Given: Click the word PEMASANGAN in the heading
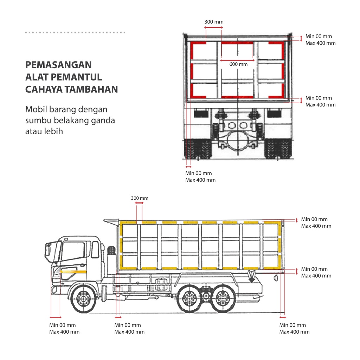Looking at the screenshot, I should coord(58,65).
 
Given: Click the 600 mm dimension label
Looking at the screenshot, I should coord(238,64).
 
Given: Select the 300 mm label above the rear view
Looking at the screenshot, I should coord(214,22).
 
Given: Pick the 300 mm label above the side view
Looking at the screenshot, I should coord(140,198).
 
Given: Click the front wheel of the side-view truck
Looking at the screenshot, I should coord(83,300).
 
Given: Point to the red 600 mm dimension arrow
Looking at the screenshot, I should coord(237,60).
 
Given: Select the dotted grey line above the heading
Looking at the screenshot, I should coord(75,32).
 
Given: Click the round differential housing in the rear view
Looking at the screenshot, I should coord(238,141).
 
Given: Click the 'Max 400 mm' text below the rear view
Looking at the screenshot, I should coord(200,180).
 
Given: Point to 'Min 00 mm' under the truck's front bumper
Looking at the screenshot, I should coord(62,325).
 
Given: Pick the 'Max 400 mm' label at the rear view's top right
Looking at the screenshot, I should coord(320,43).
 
